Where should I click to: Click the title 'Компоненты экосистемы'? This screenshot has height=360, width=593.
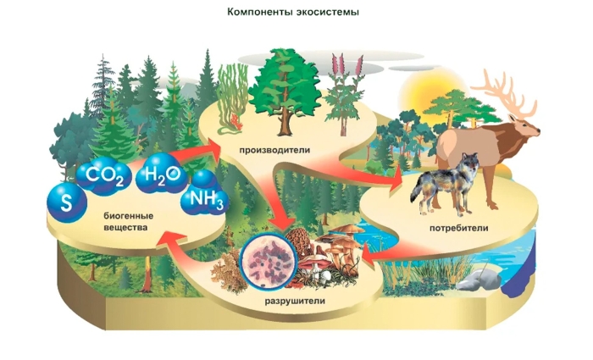coord(292,13)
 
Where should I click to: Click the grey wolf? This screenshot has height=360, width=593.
coord(444,182)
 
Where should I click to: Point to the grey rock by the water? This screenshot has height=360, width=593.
coord(484,276)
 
